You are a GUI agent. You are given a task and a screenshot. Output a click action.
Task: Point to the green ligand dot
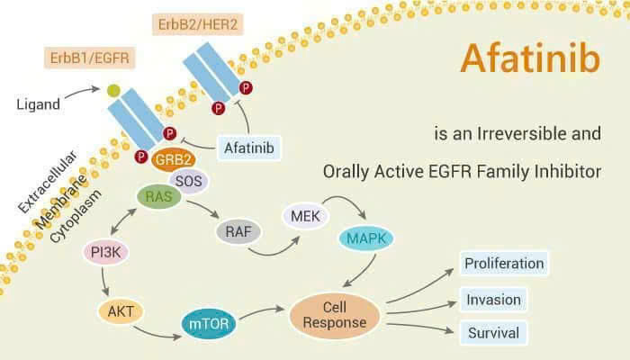[113, 91]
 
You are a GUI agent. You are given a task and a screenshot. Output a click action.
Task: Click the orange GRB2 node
[173, 160]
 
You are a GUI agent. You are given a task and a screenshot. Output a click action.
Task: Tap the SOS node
[188, 182]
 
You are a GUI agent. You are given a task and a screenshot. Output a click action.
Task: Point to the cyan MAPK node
[366, 239]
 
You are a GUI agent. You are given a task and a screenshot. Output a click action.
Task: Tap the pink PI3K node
[106, 253]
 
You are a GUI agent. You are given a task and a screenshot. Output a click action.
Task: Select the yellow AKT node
[119, 311]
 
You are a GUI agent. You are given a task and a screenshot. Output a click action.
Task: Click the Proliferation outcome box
[504, 264]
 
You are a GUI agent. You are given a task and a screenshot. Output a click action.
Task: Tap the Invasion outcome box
[493, 299]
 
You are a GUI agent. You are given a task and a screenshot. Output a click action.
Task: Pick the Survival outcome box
[493, 333]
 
